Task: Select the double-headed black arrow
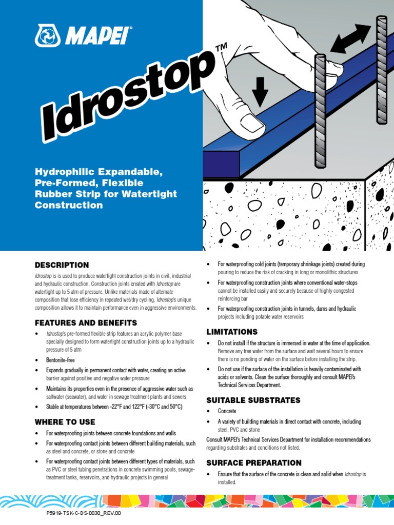tap(350, 38)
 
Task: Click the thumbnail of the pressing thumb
tap(252, 122)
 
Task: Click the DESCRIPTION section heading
tap(62, 265)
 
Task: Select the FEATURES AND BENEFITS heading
tap(86, 323)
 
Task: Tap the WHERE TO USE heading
tap(65, 422)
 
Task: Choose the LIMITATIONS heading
tap(232, 332)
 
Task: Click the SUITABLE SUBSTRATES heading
tap(253, 400)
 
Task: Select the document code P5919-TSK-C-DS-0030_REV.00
tap(84, 513)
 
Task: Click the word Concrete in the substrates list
tap(227, 411)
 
